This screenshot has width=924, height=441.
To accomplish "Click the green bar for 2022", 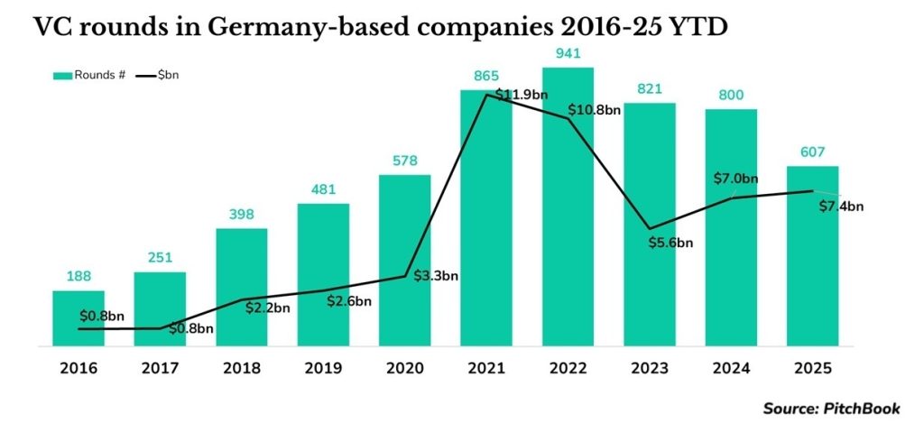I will click(568, 207).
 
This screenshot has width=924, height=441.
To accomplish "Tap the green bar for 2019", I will click(323, 275).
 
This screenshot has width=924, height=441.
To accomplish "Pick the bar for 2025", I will click(812, 256).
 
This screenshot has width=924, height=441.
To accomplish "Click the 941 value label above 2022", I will click(568, 51).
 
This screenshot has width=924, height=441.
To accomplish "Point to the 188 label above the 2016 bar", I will click(79, 276).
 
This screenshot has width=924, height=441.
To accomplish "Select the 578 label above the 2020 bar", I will click(404, 160).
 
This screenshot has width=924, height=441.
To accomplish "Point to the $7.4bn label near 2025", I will click(840, 207).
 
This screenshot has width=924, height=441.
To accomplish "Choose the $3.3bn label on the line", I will click(434, 275).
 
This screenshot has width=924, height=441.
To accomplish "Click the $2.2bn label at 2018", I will click(267, 308).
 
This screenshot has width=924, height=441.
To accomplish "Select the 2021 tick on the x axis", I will click(485, 369).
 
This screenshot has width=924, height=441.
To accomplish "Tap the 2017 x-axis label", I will click(160, 369).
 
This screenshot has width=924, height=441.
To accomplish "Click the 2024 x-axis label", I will click(731, 369).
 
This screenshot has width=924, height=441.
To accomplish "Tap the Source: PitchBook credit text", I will click(831, 409).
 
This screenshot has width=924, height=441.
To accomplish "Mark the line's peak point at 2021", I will click(487, 94).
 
